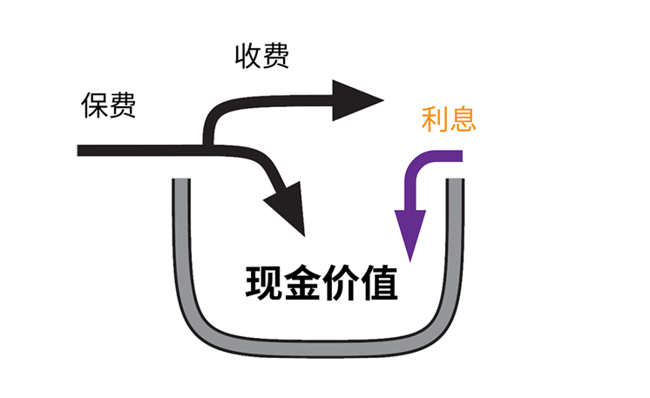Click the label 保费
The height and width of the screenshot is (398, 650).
pos(108,105)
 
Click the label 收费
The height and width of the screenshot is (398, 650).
pos(261,57)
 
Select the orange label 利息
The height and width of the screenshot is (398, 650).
pos(448,118)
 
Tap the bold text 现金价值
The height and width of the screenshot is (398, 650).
pos(322,283)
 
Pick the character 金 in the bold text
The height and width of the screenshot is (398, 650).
pos(302,283)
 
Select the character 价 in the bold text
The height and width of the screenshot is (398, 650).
pos(341,283)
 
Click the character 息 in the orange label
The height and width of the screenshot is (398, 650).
pos(462,118)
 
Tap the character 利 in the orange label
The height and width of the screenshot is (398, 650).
pos(435,118)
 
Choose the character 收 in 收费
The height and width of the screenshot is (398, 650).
pos(247,57)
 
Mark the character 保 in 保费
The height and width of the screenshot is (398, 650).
pos(95,105)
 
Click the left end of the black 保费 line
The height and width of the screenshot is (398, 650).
pos(81,151)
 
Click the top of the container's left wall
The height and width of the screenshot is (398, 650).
pos(181,183)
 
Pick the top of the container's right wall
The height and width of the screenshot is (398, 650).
pos(455,183)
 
